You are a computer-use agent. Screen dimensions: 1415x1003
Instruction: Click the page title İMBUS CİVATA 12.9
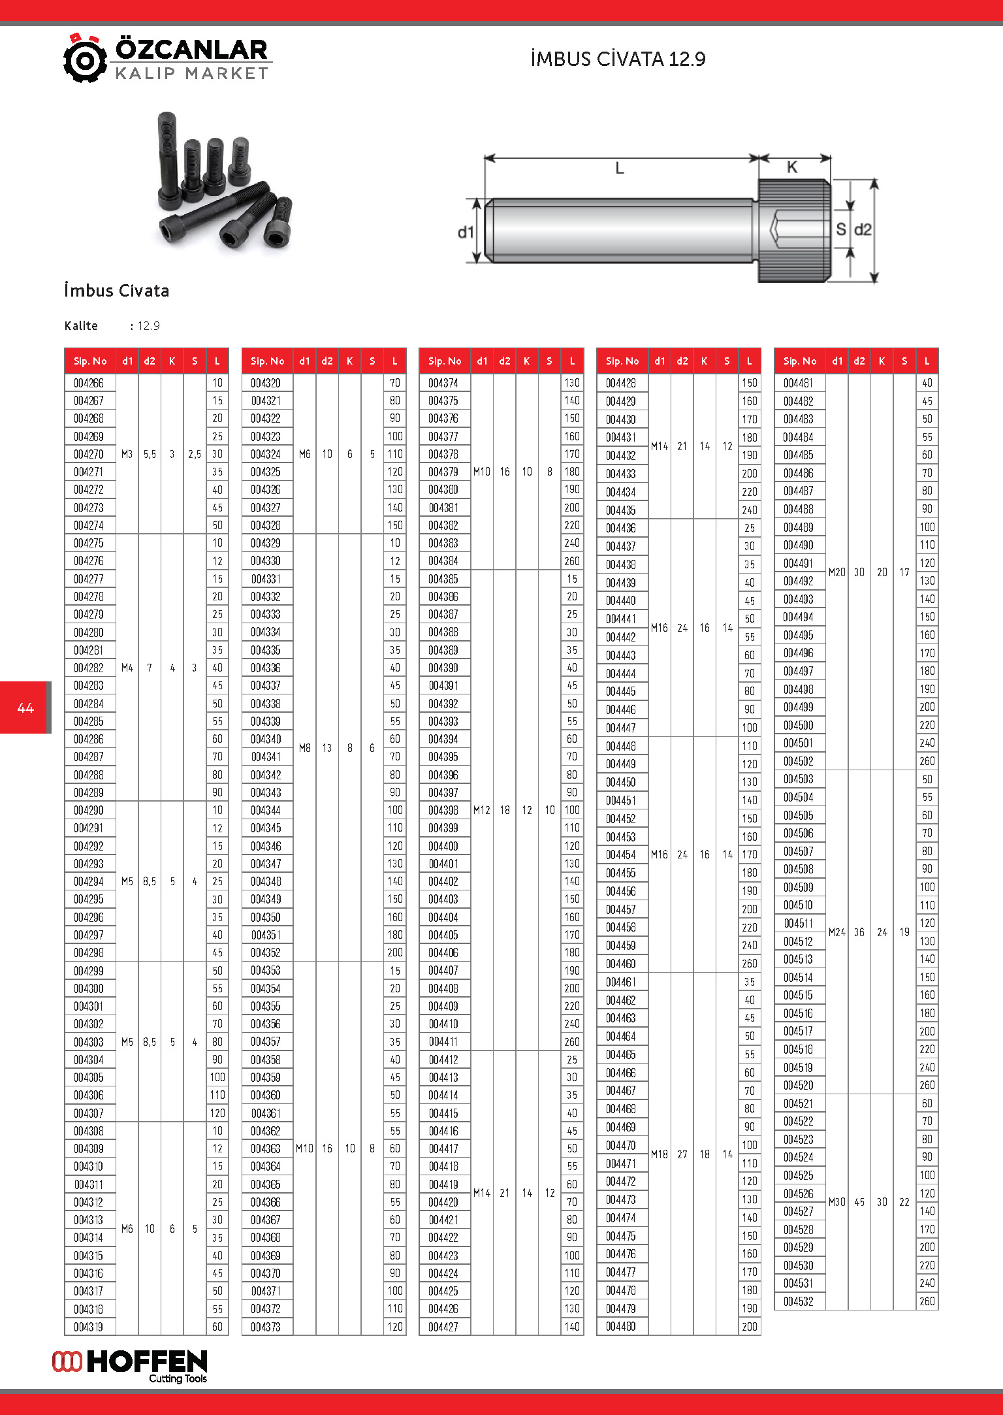point(618,59)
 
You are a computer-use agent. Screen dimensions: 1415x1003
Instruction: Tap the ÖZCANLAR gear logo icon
point(85,59)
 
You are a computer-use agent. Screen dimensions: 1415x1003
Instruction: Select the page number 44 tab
point(25,707)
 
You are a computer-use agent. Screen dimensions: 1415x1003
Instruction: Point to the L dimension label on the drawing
point(620,169)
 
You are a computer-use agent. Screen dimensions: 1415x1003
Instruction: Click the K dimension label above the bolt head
point(792,167)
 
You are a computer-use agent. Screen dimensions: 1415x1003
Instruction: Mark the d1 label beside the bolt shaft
point(466,232)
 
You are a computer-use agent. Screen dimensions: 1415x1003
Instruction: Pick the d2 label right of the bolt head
point(863,230)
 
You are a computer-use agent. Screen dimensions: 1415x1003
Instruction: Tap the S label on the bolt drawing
point(841,229)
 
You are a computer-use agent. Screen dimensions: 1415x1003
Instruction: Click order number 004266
point(89,383)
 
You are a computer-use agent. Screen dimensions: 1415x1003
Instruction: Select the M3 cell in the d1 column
point(127,454)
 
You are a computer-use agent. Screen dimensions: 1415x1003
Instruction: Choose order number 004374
point(443,383)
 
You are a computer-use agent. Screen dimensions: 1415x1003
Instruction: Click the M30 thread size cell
point(837,1202)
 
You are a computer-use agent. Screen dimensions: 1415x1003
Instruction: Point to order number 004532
point(799,1301)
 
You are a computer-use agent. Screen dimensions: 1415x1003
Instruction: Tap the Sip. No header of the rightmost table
point(800,361)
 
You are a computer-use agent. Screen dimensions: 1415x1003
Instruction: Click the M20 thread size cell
point(837,572)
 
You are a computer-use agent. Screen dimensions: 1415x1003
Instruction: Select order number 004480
point(621,1326)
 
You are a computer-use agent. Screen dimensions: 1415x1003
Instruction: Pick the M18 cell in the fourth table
point(660,1154)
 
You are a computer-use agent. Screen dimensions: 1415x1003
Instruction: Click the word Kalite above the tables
point(81,326)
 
